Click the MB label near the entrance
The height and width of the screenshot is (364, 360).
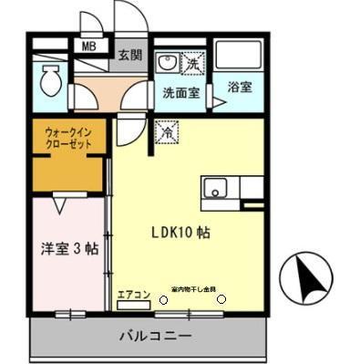click(90, 45)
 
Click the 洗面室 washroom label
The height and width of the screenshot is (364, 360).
click(180, 92)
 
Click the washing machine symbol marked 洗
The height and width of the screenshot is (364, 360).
click(193, 64)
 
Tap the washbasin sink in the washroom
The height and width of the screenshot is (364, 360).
click(167, 64)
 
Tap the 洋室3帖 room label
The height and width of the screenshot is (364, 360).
click(69, 246)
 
